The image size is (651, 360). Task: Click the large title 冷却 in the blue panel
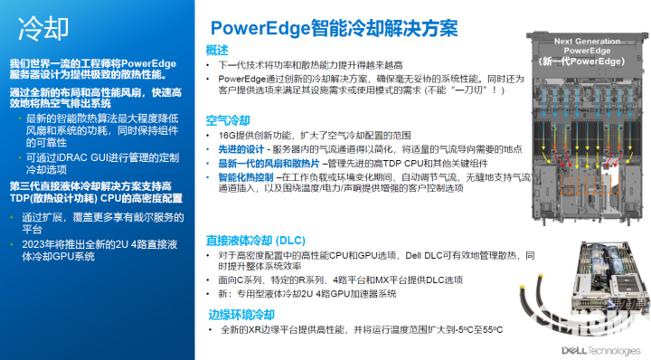click(43, 26)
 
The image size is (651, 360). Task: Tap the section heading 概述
click(217, 50)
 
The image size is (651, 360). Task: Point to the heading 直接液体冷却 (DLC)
click(255, 240)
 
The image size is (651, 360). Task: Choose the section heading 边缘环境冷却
click(240, 315)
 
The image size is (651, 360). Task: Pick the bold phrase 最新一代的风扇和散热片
click(262, 163)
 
